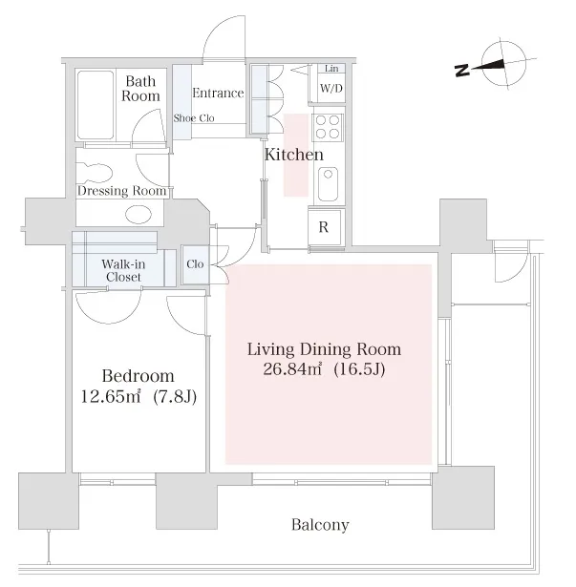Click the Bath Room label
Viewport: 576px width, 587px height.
140,89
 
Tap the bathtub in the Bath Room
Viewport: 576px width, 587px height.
96,105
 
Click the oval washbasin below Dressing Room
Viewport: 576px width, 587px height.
139,215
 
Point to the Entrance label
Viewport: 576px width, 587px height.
218,93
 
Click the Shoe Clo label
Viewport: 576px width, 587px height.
194,118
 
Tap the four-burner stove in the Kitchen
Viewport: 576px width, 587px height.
328,127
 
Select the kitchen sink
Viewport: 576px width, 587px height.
329,184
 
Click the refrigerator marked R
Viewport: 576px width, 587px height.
325,227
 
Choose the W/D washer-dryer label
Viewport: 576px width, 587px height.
331,89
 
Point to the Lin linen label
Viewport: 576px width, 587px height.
331,69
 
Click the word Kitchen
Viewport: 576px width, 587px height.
294,155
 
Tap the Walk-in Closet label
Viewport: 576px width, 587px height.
123,271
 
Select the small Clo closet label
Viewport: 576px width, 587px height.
195,264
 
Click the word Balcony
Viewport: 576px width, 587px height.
320,525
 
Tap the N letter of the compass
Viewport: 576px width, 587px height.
462,71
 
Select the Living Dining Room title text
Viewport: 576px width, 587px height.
324,349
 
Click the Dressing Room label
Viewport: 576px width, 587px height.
122,191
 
